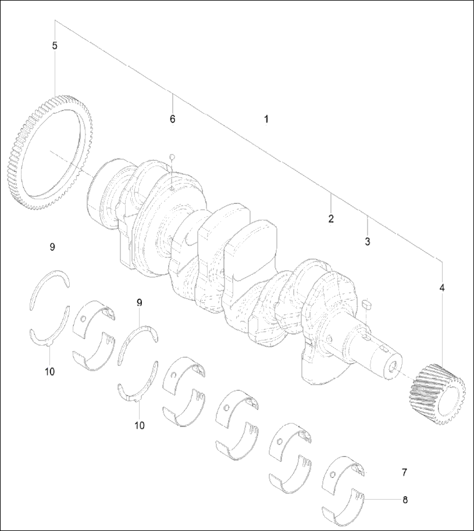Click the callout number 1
click(266, 119)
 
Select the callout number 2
click(330, 219)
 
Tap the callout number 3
click(367, 241)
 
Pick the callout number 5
click(55, 45)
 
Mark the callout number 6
click(172, 119)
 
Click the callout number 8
click(405, 499)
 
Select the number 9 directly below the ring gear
click(52, 247)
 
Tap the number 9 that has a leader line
click(139, 302)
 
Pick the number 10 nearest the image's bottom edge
click(139, 425)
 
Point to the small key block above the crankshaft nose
click(365, 304)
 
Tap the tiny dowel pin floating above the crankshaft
click(171, 156)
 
